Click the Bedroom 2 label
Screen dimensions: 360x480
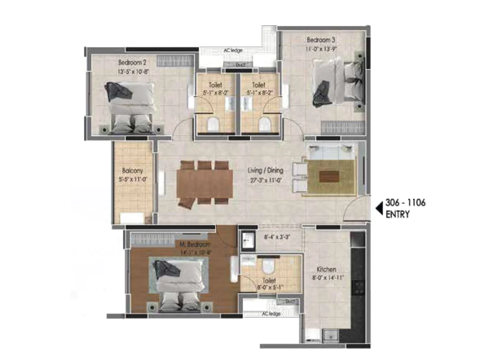(132, 62)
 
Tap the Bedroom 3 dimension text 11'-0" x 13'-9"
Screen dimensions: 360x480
(321, 49)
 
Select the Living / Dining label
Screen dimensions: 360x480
(265, 170)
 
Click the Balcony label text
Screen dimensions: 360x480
(132, 171)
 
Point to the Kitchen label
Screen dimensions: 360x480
(326, 269)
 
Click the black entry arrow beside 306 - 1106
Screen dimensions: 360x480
(379, 208)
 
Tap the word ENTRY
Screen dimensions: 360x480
(397, 214)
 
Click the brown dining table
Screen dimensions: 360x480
(205, 184)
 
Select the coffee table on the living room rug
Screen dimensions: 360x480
(329, 176)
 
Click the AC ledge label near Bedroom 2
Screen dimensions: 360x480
(233, 50)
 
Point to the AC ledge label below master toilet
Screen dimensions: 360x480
(271, 313)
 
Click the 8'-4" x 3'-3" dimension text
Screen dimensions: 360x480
(277, 237)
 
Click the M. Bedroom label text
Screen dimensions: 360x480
(195, 244)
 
